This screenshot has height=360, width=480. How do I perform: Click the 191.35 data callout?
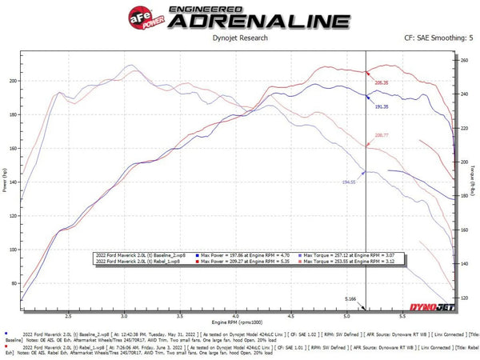[382, 106]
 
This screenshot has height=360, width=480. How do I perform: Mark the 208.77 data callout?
[382, 136]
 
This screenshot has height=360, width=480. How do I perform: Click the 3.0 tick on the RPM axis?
[126, 316]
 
